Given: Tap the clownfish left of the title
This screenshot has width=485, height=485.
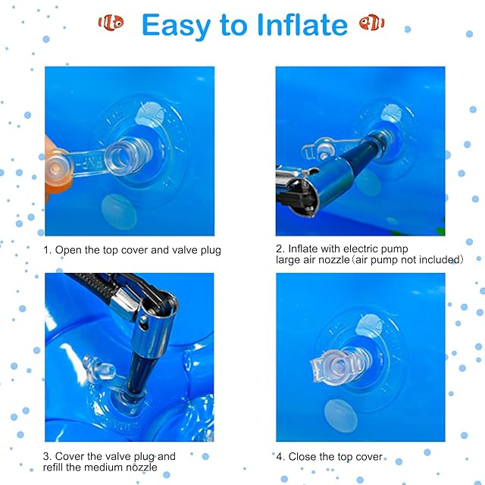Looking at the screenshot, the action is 111,23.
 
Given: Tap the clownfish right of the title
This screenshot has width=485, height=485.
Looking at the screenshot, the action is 371,23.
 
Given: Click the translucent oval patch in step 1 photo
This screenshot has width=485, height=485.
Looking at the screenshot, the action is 119,211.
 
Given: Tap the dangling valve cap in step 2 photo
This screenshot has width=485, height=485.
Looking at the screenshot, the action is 324,149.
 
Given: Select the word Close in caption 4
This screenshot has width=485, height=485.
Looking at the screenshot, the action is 302,456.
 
